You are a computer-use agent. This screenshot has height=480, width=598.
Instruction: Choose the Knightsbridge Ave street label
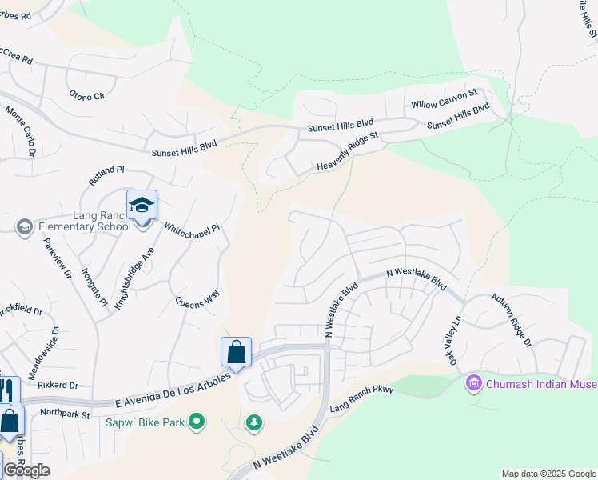(134, 278)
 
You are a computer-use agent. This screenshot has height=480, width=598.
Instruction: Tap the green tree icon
(254, 422)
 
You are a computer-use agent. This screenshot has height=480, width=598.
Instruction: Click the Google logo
(26, 470)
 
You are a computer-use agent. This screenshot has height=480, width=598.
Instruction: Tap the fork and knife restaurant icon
(7, 390)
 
